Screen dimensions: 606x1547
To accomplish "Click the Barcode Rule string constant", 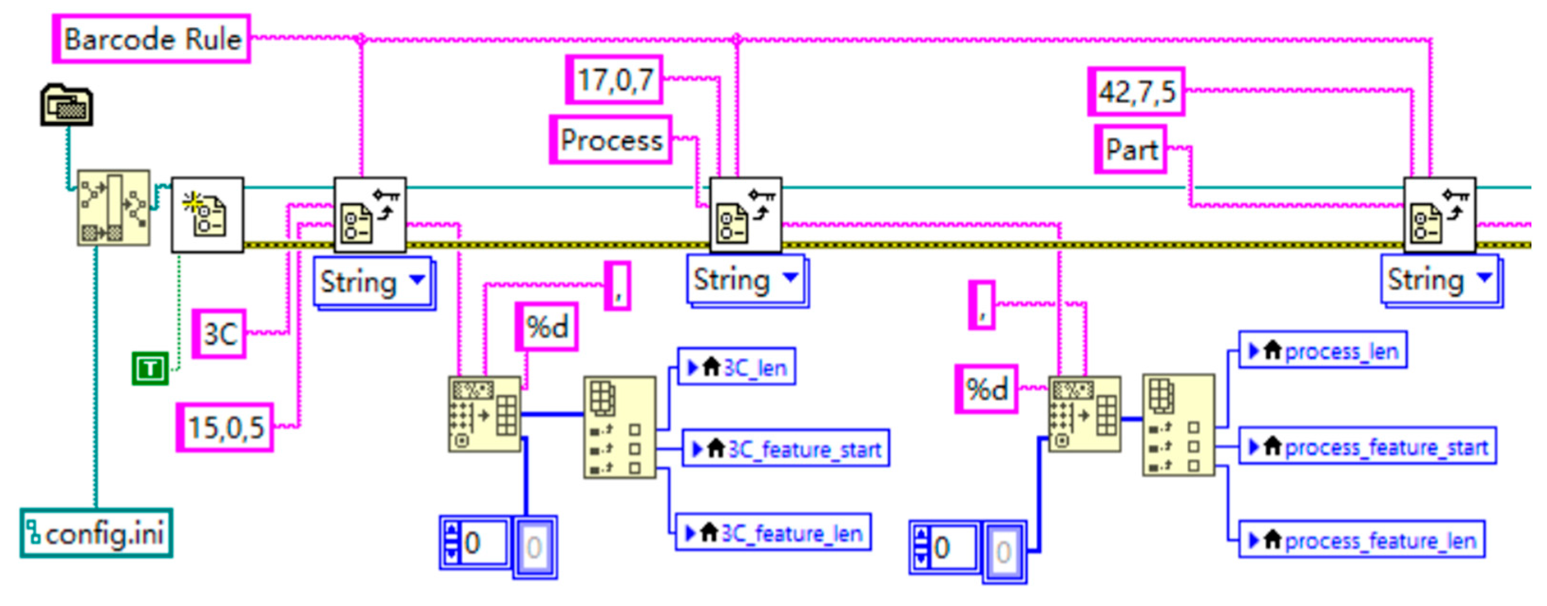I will coord(151,39).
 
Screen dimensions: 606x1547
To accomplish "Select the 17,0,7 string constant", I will coord(614,80).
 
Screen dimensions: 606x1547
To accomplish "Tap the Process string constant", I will coord(610,140).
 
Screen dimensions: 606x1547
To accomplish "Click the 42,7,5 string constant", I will coord(1135,92).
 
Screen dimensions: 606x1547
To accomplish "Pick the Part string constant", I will coord(1130,150).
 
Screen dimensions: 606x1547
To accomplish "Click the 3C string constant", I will coord(219,334).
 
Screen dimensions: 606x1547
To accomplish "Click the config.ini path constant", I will coord(96,533).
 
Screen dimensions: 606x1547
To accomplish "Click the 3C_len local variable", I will coord(737,366).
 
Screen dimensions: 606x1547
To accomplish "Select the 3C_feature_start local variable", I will coord(786,448).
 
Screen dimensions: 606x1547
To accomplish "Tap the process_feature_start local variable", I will coord(1367,446).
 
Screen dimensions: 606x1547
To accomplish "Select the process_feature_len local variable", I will coord(1362,540).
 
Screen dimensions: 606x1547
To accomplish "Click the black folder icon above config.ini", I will coord(66,105).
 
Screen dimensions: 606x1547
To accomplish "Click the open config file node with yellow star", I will coord(207,214).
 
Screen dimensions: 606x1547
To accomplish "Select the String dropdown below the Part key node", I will coord(1440,280).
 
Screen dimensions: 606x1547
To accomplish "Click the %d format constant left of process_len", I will coord(986,389).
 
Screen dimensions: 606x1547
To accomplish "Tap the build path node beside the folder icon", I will coord(114,207).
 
